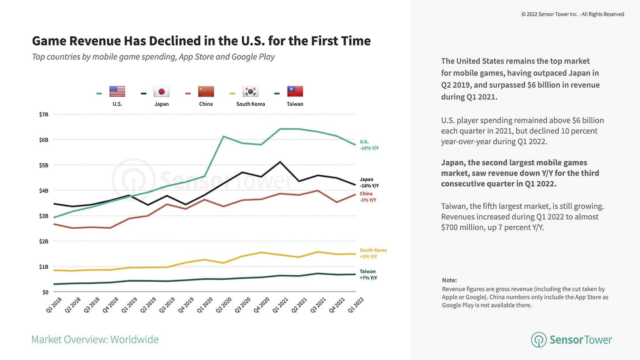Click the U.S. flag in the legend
tap(117, 91)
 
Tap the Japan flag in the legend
tap(162, 91)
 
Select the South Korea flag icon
tap(250, 91)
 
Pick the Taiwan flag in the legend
tap(295, 91)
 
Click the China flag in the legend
tap(206, 91)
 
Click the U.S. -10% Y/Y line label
tap(369, 145)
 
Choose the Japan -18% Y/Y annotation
tap(369, 183)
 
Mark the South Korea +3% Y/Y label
tap(373, 253)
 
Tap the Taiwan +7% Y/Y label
tap(368, 274)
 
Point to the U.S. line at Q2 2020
tap(224, 136)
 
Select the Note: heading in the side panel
tap(449, 280)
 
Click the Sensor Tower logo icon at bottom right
tap(538, 340)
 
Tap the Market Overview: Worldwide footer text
tap(95, 339)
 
